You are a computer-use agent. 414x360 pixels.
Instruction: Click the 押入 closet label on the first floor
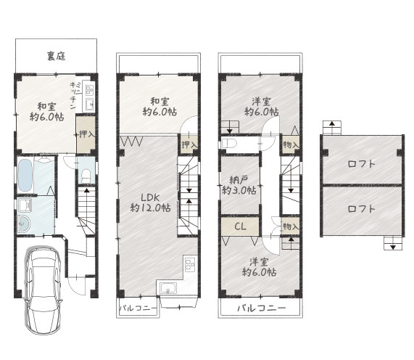(86, 134)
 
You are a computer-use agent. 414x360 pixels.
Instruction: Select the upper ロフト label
(361, 163)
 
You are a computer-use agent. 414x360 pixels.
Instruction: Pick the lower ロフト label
(361, 209)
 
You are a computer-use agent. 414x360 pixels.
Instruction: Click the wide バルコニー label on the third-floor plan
(261, 309)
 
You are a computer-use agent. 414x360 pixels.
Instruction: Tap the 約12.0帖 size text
(150, 208)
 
